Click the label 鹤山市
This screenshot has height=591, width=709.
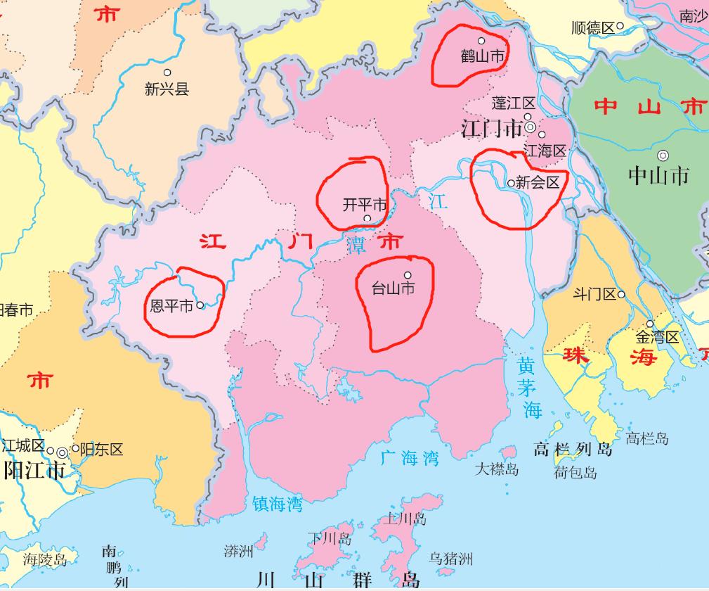point(482,56)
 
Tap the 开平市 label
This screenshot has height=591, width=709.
point(364,205)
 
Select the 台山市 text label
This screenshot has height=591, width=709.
point(393,288)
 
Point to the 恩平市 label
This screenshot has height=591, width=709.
point(172,306)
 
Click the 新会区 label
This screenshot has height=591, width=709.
point(538,182)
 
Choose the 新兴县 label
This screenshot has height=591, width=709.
point(167,89)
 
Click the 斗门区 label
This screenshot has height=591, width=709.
point(594,294)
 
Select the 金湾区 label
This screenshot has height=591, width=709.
point(658,338)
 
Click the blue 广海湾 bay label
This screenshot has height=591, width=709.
point(410,459)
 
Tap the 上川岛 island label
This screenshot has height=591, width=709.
point(406,519)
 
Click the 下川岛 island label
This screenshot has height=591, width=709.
point(329,539)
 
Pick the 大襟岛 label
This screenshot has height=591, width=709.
point(497,469)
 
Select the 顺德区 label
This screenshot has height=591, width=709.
point(593,28)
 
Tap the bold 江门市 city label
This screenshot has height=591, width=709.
point(492,129)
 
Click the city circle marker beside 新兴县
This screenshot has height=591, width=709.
point(167,72)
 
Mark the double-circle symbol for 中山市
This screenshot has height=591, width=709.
point(663,155)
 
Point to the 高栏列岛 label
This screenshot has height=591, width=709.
point(573,449)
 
